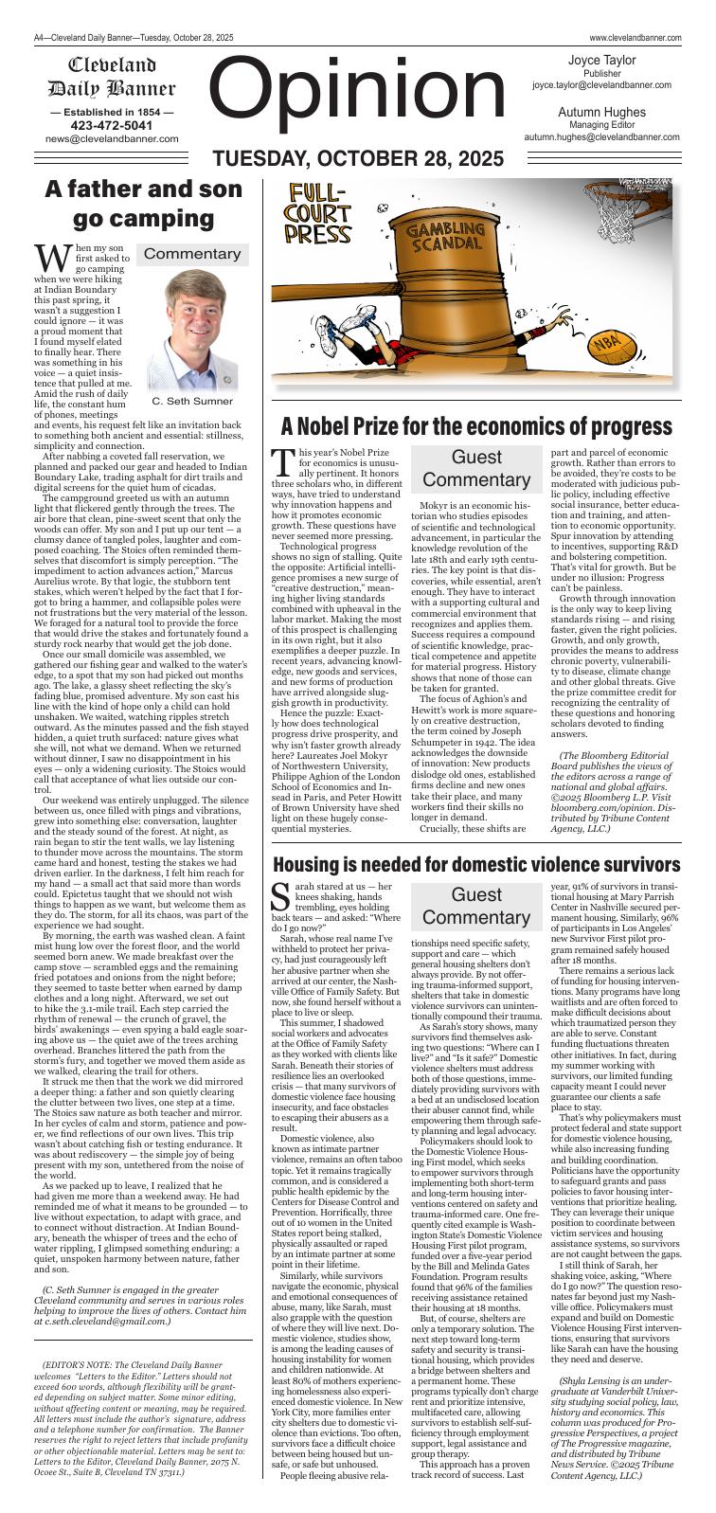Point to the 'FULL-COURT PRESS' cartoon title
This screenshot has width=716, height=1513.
pyautogui.click(x=319, y=216)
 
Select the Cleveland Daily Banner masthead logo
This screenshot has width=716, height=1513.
pyautogui.click(x=112, y=78)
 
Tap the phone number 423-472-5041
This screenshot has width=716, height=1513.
pyautogui.click(x=112, y=125)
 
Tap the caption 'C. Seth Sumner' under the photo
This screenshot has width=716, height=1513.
pyautogui.click(x=192, y=401)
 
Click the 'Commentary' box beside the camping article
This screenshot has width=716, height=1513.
pyautogui.click(x=192, y=254)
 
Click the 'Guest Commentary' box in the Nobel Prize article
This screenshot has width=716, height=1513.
pyautogui.click(x=476, y=469)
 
